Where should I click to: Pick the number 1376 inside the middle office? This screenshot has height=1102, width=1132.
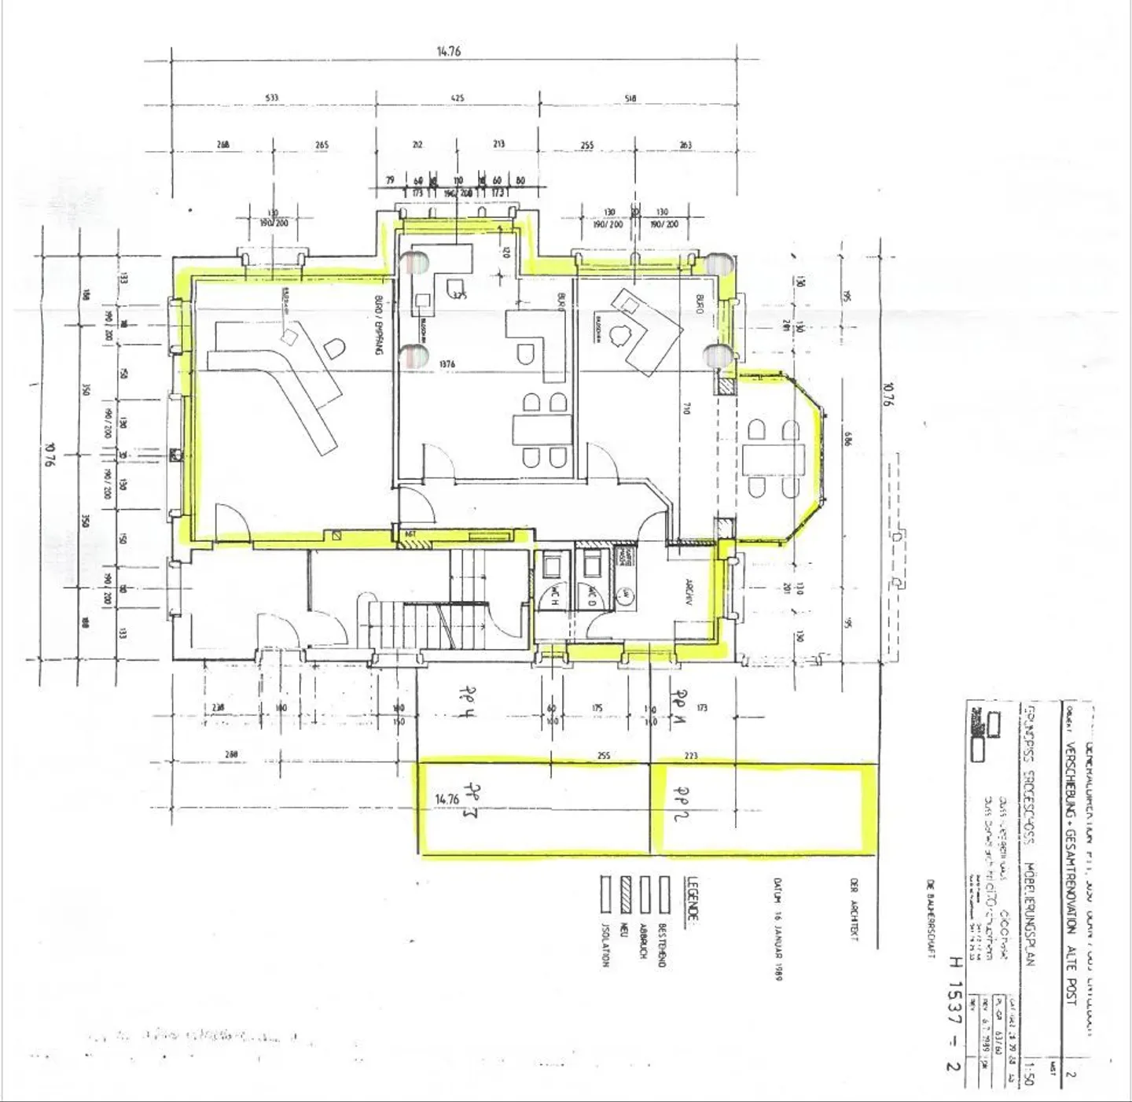pos(447,364)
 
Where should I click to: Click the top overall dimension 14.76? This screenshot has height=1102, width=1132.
pos(448,51)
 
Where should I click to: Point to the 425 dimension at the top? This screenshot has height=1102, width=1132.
pos(458,98)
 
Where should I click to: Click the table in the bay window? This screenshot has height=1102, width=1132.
pos(774,459)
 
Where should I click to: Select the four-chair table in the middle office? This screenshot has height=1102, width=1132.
pos(542,430)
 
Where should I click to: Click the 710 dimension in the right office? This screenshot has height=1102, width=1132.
pos(686,408)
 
